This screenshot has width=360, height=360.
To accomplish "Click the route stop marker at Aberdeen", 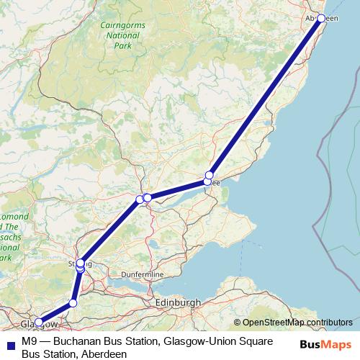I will [x=322, y=18].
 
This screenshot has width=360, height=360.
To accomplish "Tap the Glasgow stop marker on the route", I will [x=38, y=323].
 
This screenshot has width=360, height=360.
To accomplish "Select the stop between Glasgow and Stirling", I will [x=73, y=303].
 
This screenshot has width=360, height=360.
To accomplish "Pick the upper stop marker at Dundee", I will [x=210, y=175].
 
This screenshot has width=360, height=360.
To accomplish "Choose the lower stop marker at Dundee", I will [x=207, y=181].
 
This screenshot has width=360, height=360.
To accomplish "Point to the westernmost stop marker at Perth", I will [x=140, y=199].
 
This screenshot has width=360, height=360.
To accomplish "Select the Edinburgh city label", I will [x=178, y=304].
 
